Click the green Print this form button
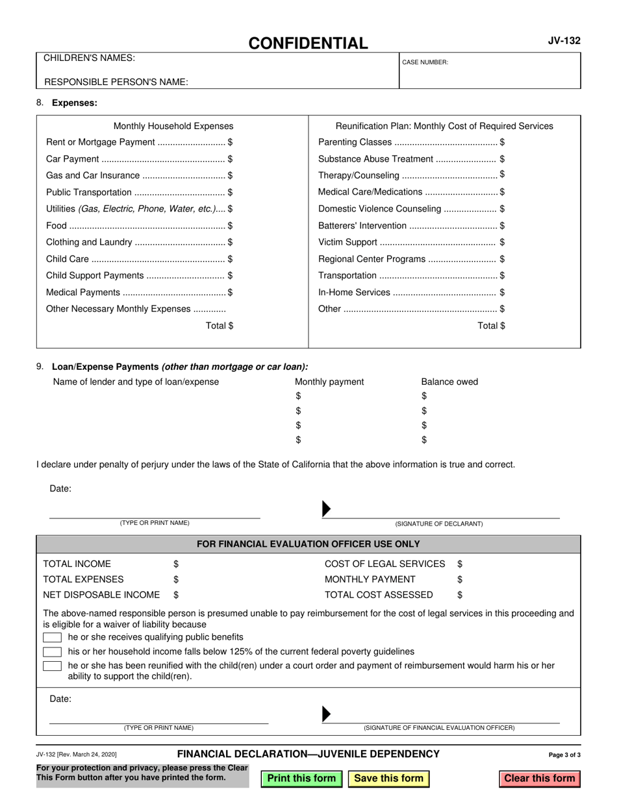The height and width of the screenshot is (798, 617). [x=301, y=779]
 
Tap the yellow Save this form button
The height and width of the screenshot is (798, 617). [x=388, y=779]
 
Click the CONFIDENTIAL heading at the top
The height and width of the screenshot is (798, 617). [x=308, y=43]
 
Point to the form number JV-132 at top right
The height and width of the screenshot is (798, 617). [x=564, y=41]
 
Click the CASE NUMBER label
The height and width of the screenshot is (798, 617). [x=425, y=62]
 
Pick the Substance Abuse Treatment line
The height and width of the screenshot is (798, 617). [x=411, y=159]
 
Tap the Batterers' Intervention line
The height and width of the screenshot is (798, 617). [x=411, y=226]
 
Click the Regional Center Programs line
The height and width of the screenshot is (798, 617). [x=411, y=259]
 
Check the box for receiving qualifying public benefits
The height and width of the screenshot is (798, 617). [x=52, y=638]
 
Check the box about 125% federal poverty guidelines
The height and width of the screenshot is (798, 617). [x=52, y=652]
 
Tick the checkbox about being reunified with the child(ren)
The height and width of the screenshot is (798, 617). [x=52, y=666]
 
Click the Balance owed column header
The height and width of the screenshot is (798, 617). [x=449, y=381]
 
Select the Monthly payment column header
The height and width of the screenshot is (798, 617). [x=329, y=381]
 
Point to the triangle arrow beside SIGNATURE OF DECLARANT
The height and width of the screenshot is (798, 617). [x=327, y=509]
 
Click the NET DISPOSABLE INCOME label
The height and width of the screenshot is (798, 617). [x=101, y=595]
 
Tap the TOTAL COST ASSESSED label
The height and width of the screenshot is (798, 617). [x=379, y=595]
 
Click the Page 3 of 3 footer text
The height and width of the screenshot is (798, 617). [x=564, y=755]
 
